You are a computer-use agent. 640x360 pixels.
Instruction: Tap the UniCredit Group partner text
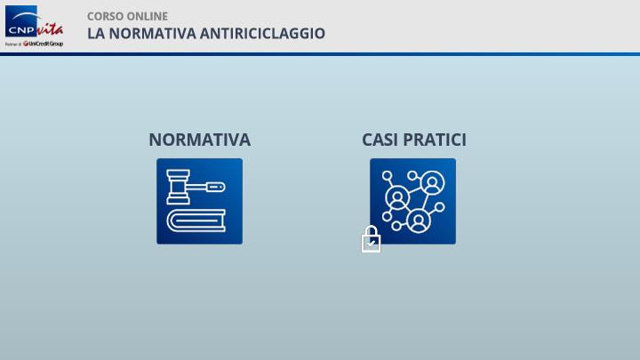43,44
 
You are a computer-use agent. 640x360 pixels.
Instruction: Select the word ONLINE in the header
147,16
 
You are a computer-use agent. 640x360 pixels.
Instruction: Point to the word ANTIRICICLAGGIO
262,34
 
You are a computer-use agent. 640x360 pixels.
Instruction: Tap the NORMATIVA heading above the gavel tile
200,140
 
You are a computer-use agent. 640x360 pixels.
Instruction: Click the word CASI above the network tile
380,140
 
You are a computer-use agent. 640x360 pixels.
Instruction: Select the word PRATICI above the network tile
435,140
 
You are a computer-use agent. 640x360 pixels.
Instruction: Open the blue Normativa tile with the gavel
200,201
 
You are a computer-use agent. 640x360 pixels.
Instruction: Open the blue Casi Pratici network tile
413,201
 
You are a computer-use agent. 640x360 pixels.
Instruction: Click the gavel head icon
179,187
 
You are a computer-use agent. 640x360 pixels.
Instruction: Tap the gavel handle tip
215,188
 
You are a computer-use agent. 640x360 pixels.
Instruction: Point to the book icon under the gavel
196,220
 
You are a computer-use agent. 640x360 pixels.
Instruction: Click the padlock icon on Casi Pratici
371,239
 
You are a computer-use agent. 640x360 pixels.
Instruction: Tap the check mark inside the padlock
371,244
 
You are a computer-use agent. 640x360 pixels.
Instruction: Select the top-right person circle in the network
432,182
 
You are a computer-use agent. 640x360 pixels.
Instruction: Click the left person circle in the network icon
397,198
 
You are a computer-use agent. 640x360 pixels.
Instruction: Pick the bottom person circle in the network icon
418,220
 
